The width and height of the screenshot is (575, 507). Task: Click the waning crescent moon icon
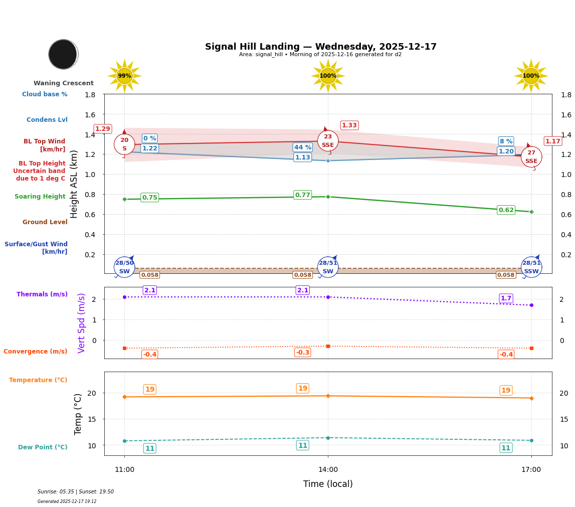point(63,54)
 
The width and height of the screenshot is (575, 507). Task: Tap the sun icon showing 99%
point(124,76)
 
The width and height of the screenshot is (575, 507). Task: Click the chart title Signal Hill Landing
point(320,47)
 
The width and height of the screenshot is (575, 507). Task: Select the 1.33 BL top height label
point(349,125)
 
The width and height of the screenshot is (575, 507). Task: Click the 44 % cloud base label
point(302,147)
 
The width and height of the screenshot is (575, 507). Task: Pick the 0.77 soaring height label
point(302,195)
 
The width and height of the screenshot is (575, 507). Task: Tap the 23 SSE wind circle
point(328,141)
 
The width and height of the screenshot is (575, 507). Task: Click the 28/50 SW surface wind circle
point(124,267)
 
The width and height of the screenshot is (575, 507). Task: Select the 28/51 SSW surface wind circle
point(531,267)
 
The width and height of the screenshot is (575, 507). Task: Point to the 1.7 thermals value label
point(506,298)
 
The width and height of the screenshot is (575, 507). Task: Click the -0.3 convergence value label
point(302,353)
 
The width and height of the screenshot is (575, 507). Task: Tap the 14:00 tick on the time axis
point(328,470)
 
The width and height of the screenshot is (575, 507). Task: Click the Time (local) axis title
point(328,484)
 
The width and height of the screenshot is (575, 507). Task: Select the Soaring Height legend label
point(40,197)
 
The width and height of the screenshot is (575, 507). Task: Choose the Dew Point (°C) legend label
point(43,447)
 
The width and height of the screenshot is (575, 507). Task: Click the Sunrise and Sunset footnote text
point(76,492)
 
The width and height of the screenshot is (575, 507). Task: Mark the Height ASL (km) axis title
point(74,184)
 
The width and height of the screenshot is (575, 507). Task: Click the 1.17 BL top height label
point(552,141)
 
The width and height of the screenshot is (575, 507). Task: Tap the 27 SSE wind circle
point(531,157)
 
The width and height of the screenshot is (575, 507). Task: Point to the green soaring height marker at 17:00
point(531,212)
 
